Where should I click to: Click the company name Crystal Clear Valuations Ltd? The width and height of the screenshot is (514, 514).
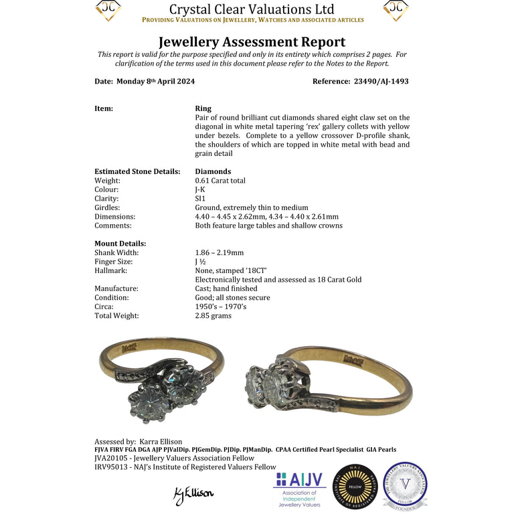(252, 9)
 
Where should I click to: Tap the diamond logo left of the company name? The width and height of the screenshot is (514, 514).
(108, 10)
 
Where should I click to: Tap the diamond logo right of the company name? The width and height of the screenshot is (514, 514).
(396, 10)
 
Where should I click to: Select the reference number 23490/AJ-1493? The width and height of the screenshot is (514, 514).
(380, 82)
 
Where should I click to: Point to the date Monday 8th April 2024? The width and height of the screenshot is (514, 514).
(156, 82)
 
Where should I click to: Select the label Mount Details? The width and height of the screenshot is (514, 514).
(120, 244)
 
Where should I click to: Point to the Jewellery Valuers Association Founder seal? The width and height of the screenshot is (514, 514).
(405, 487)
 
